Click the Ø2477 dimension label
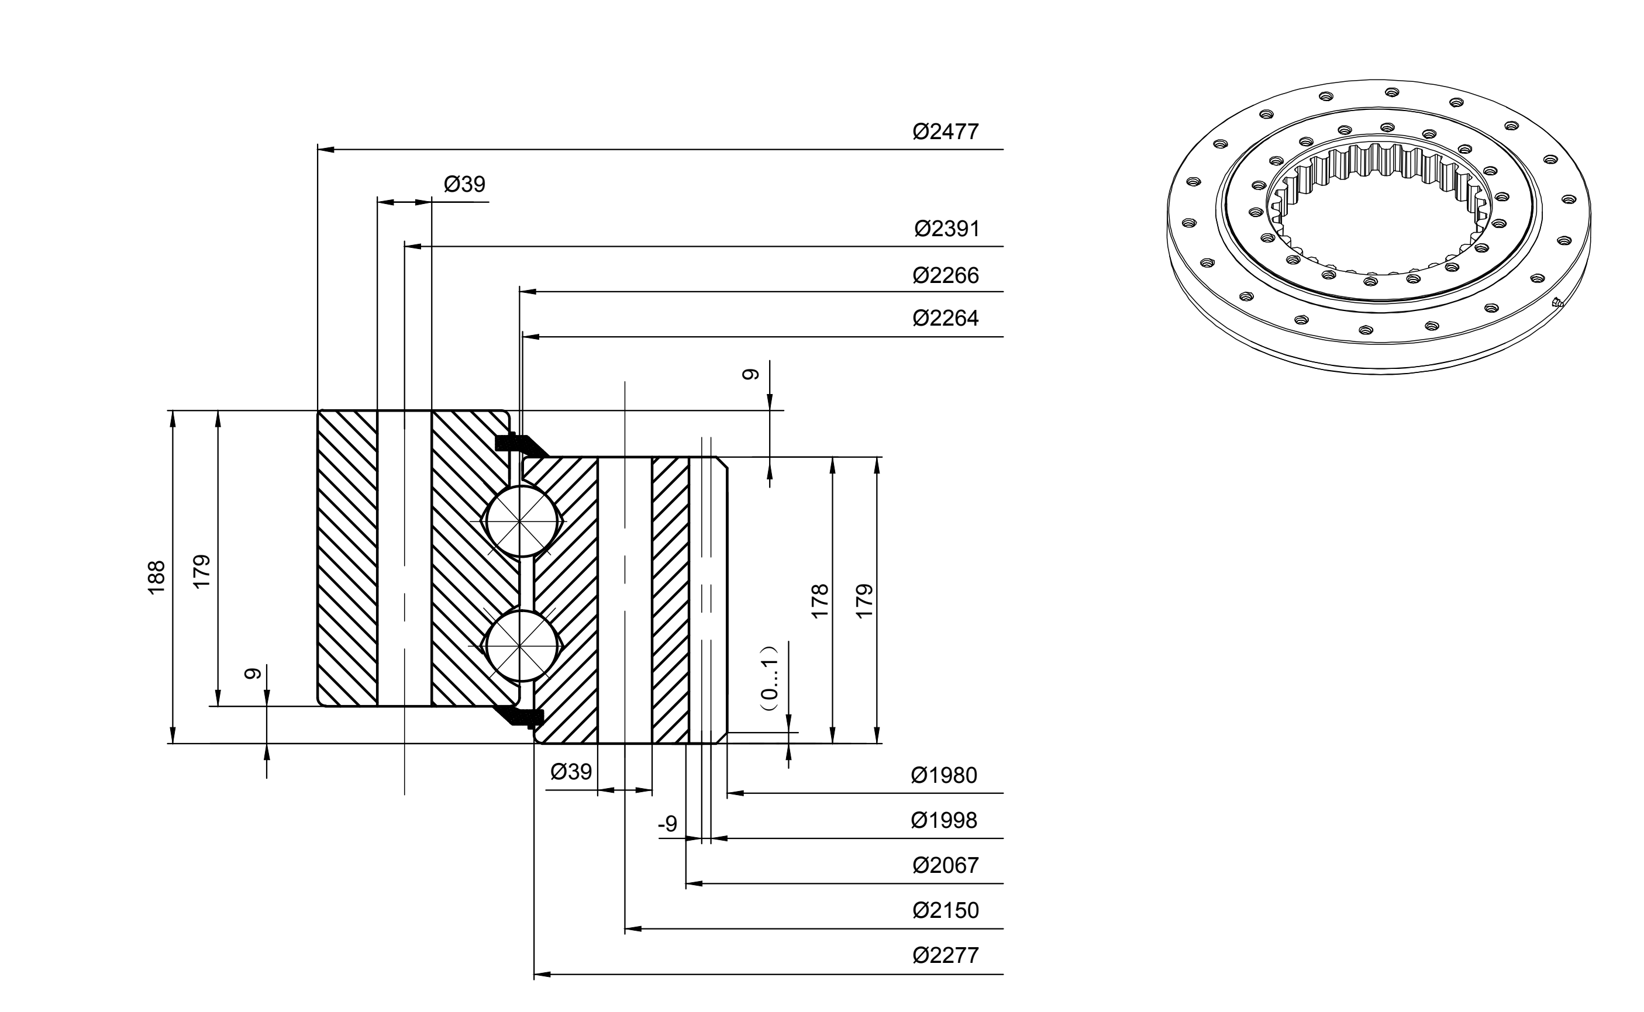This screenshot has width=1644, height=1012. point(945,131)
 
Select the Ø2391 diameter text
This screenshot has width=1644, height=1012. point(946,229)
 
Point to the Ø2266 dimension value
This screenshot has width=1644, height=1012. point(945,275)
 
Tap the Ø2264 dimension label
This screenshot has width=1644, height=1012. point(945,318)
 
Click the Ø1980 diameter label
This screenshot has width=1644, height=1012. point(944,775)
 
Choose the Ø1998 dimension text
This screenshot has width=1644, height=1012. point(944,820)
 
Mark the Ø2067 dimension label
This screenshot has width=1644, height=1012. point(945,865)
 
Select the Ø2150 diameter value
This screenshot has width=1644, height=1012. point(945,910)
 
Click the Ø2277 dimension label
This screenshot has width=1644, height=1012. point(945,955)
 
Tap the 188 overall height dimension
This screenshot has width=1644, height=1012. point(156,577)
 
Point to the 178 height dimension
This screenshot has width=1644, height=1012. point(820,601)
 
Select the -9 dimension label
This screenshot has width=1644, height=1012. point(667,824)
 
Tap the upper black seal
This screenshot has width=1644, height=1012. point(521,444)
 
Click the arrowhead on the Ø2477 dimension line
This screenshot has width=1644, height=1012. point(326,149)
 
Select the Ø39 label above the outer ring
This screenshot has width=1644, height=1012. point(464,184)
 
